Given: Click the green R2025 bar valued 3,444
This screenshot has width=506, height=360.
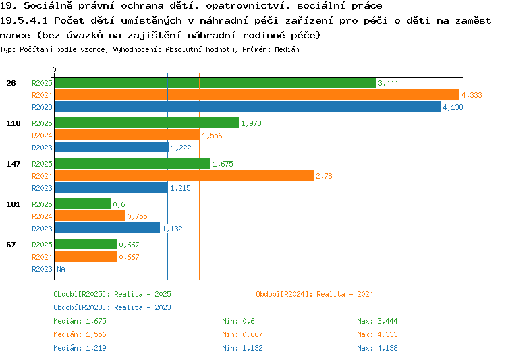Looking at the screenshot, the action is (x=216, y=83).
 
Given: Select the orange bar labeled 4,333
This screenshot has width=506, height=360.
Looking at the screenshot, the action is (x=257, y=95).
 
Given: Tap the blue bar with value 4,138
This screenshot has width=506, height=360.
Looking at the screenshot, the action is (x=248, y=107).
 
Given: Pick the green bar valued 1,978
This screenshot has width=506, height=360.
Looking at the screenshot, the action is (x=147, y=123).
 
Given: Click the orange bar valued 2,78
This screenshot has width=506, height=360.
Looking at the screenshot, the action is (x=185, y=175).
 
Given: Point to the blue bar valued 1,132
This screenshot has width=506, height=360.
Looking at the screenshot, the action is (x=107, y=228).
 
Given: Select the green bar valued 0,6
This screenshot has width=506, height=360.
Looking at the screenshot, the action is (x=83, y=204).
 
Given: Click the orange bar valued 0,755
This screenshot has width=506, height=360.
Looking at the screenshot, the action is (x=90, y=216).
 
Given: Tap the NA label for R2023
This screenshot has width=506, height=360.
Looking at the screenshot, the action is (x=61, y=269).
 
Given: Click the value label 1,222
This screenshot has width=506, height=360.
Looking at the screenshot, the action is (x=181, y=148).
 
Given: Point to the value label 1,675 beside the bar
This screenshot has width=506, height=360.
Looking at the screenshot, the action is (x=223, y=164).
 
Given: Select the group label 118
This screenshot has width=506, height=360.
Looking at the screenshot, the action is (x=13, y=123).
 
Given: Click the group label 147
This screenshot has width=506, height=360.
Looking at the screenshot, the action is (x=13, y=164).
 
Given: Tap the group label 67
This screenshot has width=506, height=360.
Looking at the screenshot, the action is (x=11, y=245).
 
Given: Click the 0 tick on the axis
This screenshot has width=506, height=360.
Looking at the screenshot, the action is (x=54, y=69).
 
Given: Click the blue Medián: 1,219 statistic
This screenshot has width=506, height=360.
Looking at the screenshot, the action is (x=80, y=348).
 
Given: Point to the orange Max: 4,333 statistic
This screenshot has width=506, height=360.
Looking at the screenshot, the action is (x=377, y=334).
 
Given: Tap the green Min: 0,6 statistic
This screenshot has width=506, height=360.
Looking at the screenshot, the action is (x=238, y=322).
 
